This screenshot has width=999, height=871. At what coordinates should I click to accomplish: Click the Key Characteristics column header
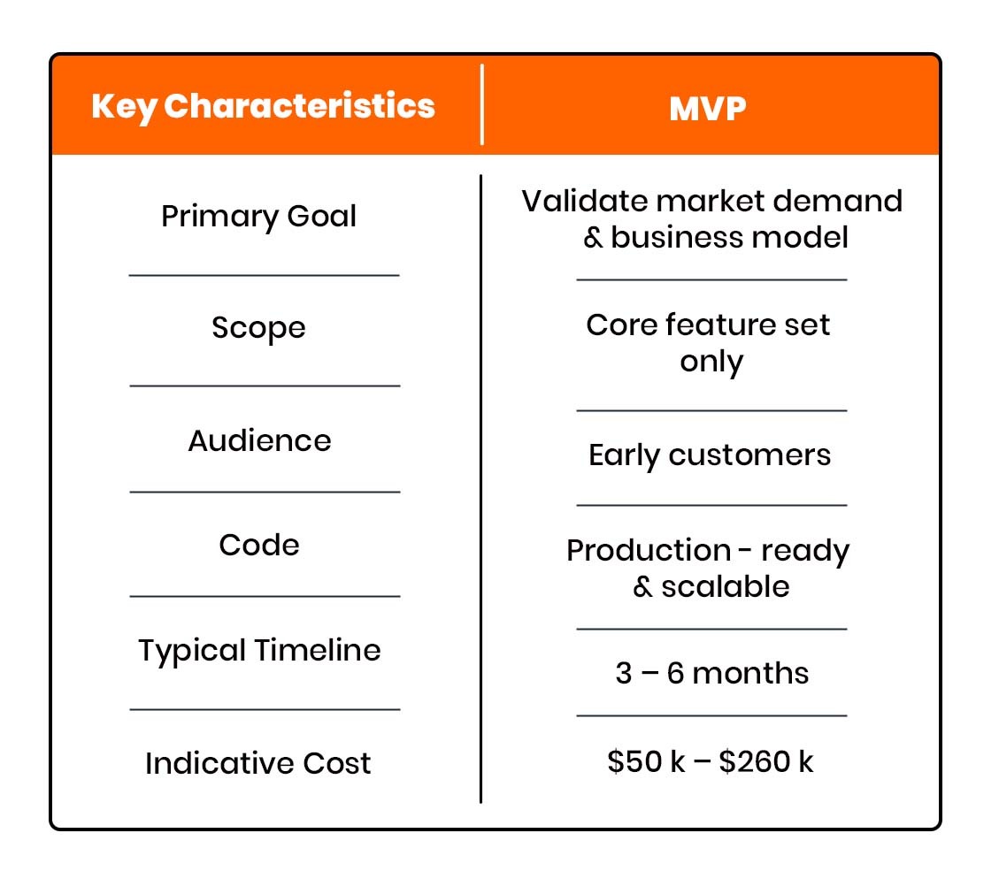click(x=263, y=106)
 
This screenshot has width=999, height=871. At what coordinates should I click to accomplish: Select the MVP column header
click(x=707, y=108)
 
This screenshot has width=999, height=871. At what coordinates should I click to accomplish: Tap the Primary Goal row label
click(x=258, y=217)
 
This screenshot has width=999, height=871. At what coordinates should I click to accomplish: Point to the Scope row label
click(x=258, y=329)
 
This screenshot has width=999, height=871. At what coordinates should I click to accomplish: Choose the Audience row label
click(x=259, y=440)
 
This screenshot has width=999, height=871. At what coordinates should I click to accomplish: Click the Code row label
click(x=259, y=545)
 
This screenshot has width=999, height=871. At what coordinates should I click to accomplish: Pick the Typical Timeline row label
click(x=259, y=651)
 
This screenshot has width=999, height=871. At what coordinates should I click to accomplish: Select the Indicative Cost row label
click(x=258, y=763)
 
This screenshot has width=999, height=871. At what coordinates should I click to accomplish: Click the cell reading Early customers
click(x=710, y=455)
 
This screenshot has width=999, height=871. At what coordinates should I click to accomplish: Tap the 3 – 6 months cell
click(x=711, y=674)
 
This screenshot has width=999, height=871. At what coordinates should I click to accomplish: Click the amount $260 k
click(x=766, y=761)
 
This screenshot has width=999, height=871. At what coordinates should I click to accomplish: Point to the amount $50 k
click(x=647, y=761)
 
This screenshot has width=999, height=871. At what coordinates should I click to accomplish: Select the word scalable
click(x=725, y=587)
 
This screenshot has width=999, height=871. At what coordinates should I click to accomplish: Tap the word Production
click(x=635, y=550)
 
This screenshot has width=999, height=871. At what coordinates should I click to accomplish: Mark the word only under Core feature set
click(x=711, y=362)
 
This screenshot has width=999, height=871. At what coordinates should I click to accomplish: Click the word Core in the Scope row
click(x=618, y=325)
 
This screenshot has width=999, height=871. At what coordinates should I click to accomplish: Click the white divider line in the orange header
click(x=482, y=104)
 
